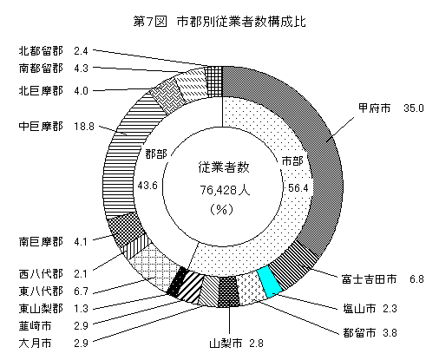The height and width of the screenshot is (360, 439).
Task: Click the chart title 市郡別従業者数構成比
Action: pos(241,22)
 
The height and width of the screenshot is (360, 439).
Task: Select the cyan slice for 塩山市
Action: pos(269,282)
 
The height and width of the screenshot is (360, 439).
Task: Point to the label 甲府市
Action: pos(374,108)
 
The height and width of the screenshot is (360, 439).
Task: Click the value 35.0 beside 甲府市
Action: pos(414,108)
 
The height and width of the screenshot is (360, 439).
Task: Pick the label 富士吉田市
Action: pos(369,279)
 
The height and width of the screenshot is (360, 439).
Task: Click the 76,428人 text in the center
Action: pos(225,190)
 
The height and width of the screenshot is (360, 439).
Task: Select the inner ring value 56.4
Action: pos(298,188)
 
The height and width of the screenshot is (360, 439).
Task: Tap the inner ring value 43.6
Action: pos(147,185)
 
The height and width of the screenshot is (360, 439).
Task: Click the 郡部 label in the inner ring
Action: pos(156,154)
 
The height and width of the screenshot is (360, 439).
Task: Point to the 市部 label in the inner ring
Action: pos(292,160)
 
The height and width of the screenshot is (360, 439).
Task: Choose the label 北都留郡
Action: pos(41,51)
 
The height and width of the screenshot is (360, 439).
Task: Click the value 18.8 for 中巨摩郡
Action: pos(84,127)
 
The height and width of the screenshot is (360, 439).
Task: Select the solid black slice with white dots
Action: pos(177,281)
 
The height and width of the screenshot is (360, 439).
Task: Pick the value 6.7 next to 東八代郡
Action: pos(81,291)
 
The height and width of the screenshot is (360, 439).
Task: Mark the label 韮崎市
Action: pos(36,326)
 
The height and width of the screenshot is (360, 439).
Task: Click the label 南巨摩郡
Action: pos(41,241)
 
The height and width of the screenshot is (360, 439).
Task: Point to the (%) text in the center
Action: pos(221,209)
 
